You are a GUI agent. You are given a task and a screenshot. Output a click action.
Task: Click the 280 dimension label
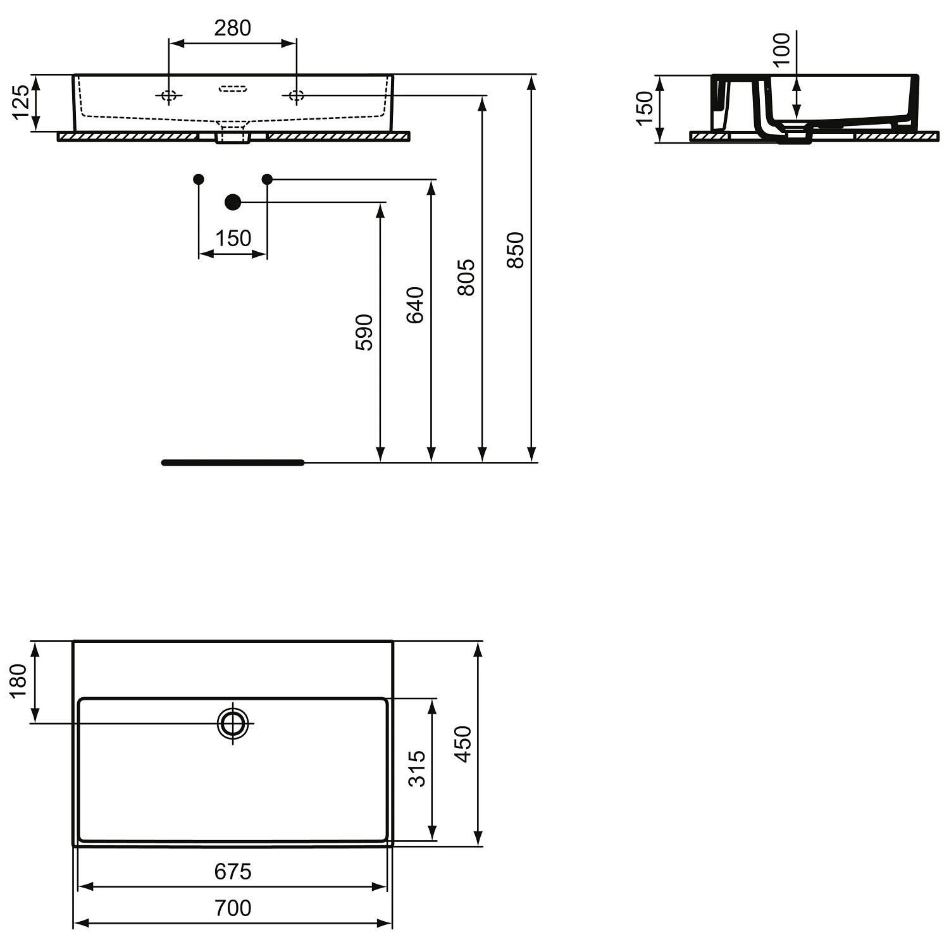tap(232, 28)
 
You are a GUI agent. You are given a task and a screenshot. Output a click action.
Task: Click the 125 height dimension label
tap(20, 102)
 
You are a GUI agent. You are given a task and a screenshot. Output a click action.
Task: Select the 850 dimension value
tap(516, 250)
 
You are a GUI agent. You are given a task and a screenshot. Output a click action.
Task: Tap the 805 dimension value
tap(466, 276)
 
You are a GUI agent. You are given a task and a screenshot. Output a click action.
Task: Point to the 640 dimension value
tap(415, 305)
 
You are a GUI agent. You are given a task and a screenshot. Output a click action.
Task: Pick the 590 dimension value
tap(364, 332)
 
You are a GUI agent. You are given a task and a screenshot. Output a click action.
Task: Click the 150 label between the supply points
tap(233, 239)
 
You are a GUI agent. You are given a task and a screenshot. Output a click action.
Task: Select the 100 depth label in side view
tap(782, 49)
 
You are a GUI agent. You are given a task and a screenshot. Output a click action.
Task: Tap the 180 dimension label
tap(19, 680)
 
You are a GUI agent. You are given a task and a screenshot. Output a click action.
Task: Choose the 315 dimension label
tap(417, 768)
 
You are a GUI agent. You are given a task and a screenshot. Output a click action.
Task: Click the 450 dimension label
tap(463, 744)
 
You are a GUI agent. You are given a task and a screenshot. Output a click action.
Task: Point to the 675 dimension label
tap(233, 871)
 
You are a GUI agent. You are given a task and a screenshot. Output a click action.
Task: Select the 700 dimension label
tap(233, 908)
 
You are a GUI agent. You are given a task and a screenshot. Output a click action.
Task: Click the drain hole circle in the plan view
tap(233, 723)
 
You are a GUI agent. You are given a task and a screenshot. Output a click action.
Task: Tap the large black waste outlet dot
tap(233, 202)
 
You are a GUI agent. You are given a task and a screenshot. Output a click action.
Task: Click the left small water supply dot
tap(199, 179)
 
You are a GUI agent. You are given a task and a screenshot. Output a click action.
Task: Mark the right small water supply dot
tap(267, 179)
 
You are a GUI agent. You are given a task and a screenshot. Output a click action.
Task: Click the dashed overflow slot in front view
tap(232, 89)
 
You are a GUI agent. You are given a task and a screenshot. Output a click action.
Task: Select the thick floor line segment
tap(233, 462)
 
